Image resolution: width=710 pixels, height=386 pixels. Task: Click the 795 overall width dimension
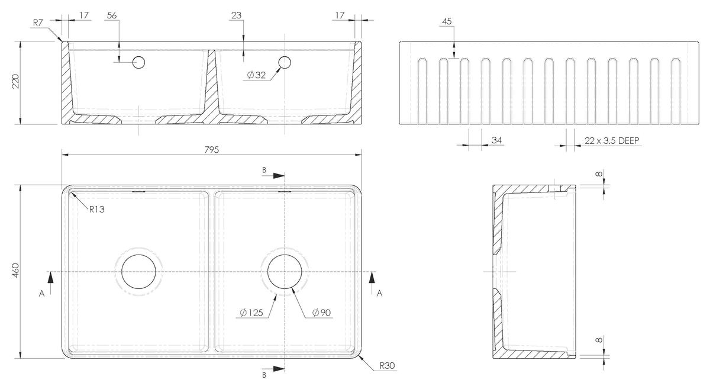coord(212,149)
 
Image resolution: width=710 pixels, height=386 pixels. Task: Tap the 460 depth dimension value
coord(15,271)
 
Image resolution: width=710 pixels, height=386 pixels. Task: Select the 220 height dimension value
coord(15,81)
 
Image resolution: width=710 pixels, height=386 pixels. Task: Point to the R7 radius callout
coord(38,22)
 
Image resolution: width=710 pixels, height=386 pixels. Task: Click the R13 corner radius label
coord(96,210)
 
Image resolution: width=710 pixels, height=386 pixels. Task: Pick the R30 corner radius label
coord(388,366)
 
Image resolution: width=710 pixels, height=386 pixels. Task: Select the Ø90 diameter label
coord(321,313)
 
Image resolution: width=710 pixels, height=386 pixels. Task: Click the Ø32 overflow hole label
coord(256,75)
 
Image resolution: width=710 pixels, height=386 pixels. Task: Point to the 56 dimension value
coord(112,15)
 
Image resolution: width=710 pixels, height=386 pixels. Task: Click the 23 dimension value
coord(236,15)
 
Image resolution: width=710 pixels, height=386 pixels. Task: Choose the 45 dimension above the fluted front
coord(447,21)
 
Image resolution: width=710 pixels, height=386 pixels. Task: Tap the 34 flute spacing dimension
coord(496,140)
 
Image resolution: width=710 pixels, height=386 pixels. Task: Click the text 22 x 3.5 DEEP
coord(612,140)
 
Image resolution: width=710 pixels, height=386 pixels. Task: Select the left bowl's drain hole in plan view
coord(139,272)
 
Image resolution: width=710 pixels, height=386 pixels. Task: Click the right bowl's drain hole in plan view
coord(285,272)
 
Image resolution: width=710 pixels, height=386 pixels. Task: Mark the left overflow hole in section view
coord(138,62)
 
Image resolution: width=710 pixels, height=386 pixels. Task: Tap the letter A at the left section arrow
coord(42,294)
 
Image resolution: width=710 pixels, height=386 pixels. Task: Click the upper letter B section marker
coord(264,171)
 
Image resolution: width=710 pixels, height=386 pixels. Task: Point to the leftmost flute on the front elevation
coord(422,91)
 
